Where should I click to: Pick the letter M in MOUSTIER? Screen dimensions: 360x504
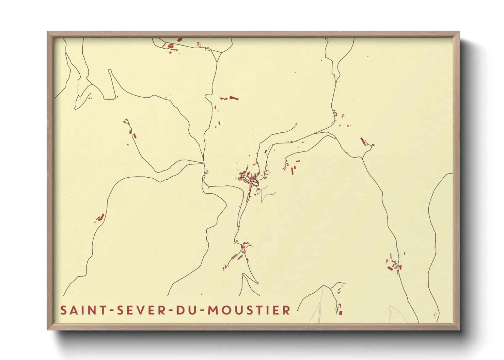(213, 310)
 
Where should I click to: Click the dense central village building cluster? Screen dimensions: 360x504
(250, 179)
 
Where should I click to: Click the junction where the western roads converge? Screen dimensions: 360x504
(204, 163)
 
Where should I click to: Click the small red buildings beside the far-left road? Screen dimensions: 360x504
(100, 217)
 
